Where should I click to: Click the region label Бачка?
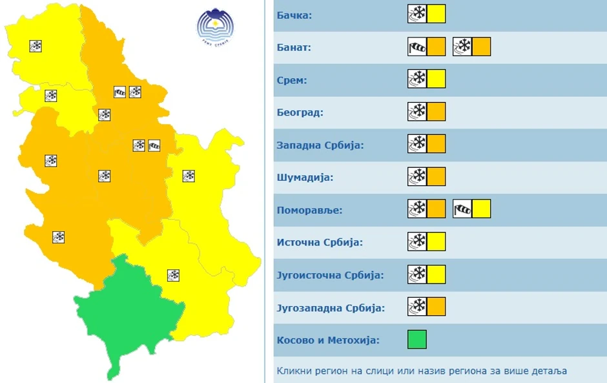pyautogui.click(x=294, y=15)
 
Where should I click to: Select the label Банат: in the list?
pyautogui.click(x=294, y=48)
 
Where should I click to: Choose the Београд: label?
pyautogui.click(x=300, y=112)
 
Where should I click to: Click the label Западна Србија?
pyautogui.click(x=320, y=145)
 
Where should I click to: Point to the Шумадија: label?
pyautogui.click(x=305, y=177)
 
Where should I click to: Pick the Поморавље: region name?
pyautogui.click(x=309, y=210)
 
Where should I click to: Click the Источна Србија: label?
pyautogui.click(x=319, y=243)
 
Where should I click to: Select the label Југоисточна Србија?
pyautogui.click(x=330, y=275)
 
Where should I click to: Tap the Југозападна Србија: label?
pyautogui.click(x=331, y=307)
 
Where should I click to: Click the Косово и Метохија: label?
pyautogui.click(x=328, y=340)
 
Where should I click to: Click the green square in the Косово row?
pyautogui.click(x=417, y=340)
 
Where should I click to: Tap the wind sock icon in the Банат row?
pyautogui.click(x=418, y=47)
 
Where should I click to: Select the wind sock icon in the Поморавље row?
pyautogui.click(x=463, y=209)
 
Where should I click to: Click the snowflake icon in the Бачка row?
pyautogui.click(x=418, y=14)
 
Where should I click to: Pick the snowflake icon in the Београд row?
pyautogui.click(x=418, y=112)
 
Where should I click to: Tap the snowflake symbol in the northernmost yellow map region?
pyautogui.click(x=36, y=46)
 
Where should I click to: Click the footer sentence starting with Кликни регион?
pyautogui.click(x=422, y=371)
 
